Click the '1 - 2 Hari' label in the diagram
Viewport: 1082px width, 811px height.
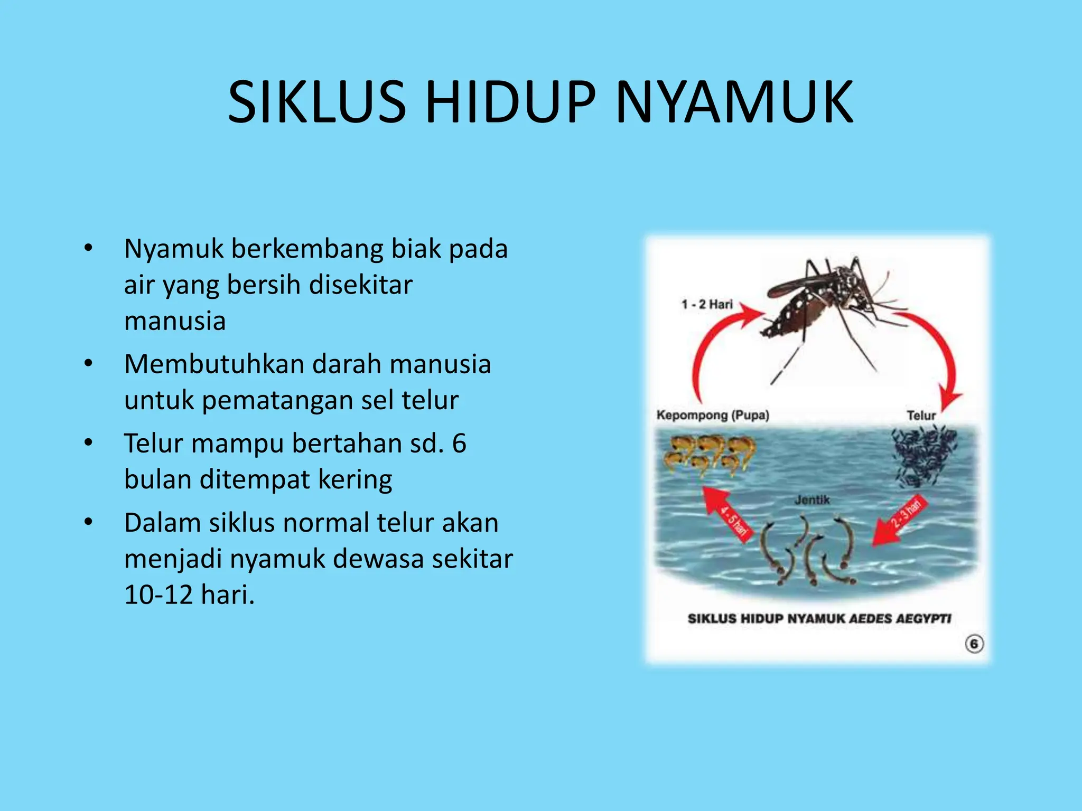(x=707, y=305)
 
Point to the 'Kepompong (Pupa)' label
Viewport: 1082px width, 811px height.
(x=713, y=415)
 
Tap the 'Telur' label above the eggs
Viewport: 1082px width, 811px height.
(x=921, y=416)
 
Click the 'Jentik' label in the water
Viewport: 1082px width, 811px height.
(x=812, y=499)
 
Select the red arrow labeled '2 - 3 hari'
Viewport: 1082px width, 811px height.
(x=898, y=522)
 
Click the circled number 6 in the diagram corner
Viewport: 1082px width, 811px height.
(x=974, y=644)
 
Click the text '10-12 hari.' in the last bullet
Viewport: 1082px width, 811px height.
(x=189, y=595)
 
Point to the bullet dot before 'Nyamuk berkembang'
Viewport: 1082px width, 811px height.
(x=88, y=248)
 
